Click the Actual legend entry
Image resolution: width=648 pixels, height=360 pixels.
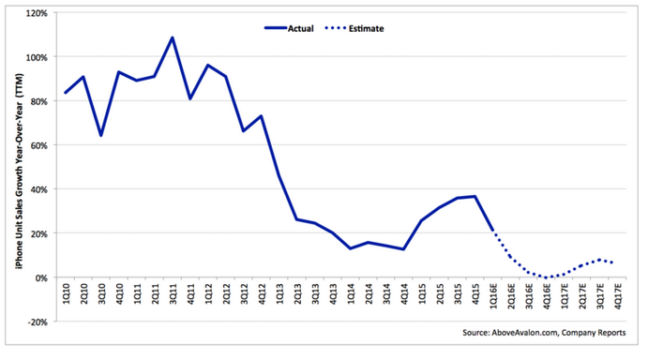coord(289,28)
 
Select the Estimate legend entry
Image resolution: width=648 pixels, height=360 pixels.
coord(354,28)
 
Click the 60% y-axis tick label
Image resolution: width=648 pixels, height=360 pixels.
coord(39,145)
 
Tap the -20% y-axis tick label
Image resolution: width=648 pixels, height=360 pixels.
coord(38,322)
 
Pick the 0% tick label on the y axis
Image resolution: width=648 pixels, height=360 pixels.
coord(42,278)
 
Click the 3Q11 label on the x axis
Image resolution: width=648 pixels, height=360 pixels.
coord(173,293)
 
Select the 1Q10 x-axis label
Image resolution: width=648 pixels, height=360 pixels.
coord(67,293)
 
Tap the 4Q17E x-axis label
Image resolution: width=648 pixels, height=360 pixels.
coord(618,295)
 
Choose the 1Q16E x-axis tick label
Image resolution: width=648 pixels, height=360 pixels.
coord(494,295)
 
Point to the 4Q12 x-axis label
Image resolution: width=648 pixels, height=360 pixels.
coord(262,293)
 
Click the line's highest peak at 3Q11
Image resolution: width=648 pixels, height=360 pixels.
coord(173,37)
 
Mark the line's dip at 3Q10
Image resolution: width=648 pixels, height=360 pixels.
coord(101,135)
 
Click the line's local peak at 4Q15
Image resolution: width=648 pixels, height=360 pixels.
coord(475,196)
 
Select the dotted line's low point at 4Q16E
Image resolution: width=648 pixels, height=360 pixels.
coord(547,277)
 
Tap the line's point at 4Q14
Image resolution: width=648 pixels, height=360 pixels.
coord(403,249)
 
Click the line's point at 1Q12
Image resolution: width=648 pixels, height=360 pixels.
coord(208,65)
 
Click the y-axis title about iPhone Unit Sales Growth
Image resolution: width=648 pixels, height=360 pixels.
coord(20,172)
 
